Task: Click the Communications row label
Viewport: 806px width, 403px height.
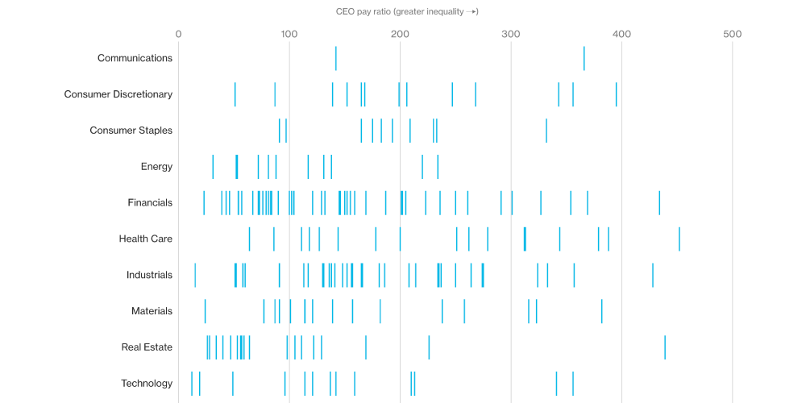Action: [x=135, y=58]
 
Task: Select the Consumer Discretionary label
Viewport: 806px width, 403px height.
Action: [x=118, y=94]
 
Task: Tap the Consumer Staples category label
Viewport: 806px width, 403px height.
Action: [x=131, y=131]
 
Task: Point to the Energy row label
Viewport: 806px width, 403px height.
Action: [x=156, y=167]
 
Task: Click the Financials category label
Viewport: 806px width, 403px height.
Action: [x=150, y=202]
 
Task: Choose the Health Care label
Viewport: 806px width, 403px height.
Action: [x=145, y=239]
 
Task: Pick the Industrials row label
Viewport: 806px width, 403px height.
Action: [x=149, y=275]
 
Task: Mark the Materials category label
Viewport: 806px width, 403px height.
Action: [x=152, y=311]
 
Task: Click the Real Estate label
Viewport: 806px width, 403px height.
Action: [x=147, y=347]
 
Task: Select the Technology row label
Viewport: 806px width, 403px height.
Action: [x=147, y=384]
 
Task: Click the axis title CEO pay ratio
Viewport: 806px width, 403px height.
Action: [x=407, y=11]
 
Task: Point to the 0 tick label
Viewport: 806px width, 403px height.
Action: [x=178, y=34]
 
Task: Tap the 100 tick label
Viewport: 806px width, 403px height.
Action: [x=289, y=34]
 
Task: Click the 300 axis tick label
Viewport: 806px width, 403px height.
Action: [x=510, y=34]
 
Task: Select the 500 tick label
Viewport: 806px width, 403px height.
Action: [x=732, y=34]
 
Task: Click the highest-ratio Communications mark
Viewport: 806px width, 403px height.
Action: [x=584, y=59]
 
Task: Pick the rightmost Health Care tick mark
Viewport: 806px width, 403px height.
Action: [x=679, y=239]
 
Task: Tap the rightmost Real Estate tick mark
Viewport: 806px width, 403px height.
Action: [x=665, y=347]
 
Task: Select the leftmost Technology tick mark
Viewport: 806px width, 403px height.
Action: [x=192, y=384]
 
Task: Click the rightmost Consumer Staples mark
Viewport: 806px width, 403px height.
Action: [x=546, y=131]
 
